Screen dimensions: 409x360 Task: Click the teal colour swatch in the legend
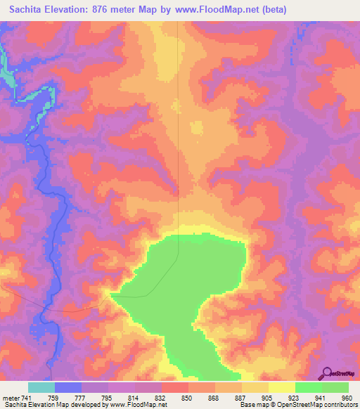(x=41, y=387)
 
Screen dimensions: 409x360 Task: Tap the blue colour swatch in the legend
(x=67, y=387)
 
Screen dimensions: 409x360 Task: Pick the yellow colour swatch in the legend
(x=281, y=387)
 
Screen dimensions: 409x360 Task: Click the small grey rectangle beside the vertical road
(x=196, y=129)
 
